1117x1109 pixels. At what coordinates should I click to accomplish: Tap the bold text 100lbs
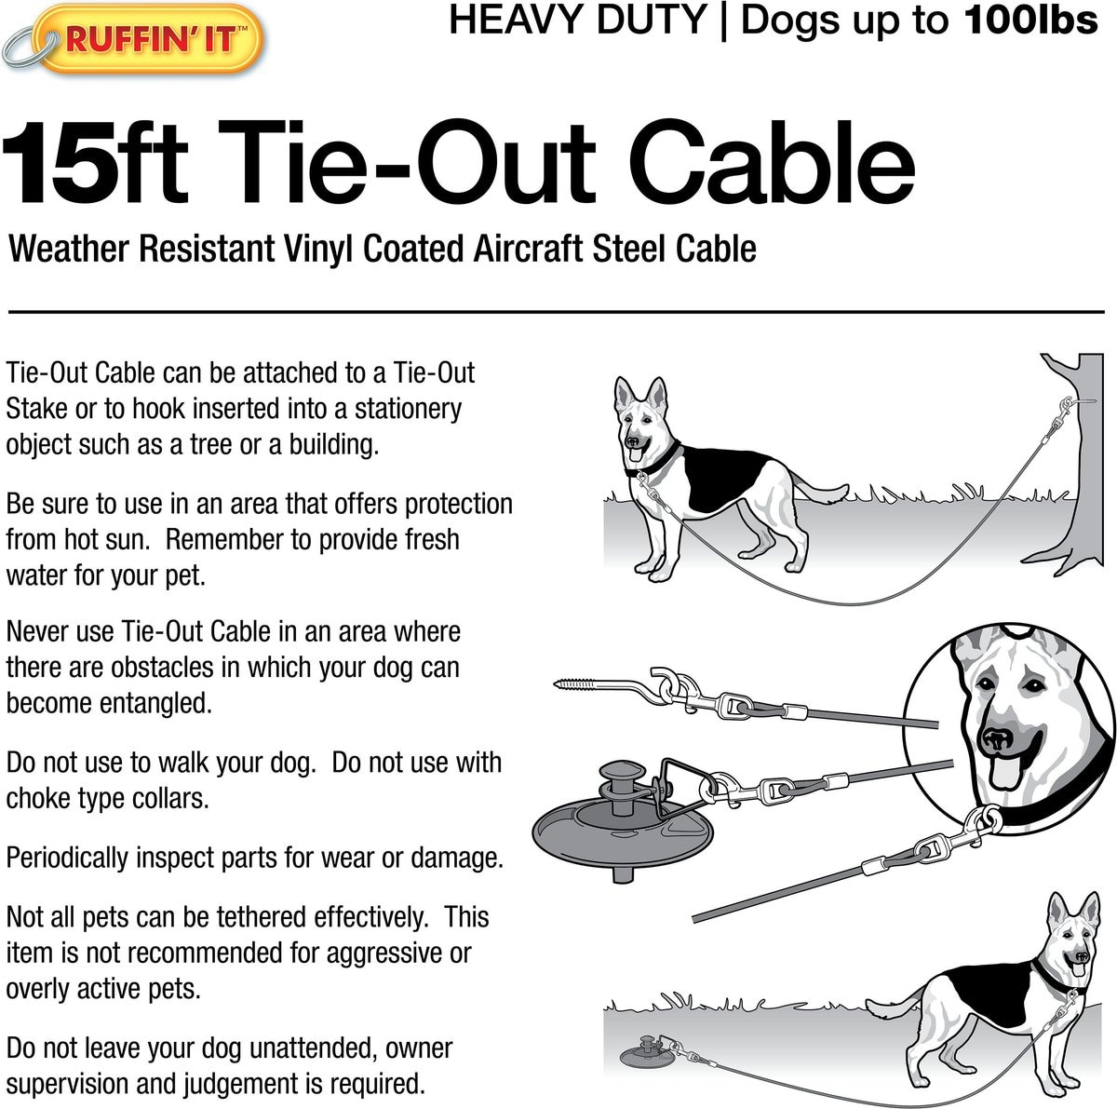pyautogui.click(x=1031, y=20)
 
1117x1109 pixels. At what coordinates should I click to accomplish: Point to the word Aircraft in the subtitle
pyautogui.click(x=528, y=249)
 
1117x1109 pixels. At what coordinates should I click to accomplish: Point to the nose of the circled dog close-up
pyautogui.click(x=996, y=739)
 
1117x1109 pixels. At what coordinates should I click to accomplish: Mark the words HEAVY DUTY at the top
pyautogui.click(x=577, y=20)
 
